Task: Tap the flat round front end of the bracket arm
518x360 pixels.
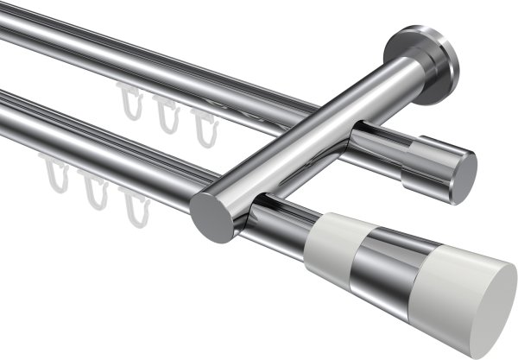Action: click(x=212, y=217)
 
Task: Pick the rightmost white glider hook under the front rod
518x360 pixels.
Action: click(x=132, y=205)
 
